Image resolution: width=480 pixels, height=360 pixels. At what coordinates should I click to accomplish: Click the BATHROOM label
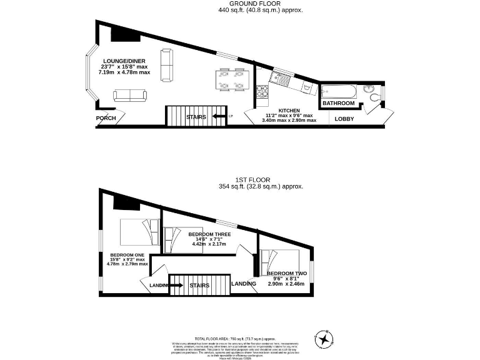coord(339,103)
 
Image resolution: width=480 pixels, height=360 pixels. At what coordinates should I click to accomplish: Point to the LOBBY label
coord(344,119)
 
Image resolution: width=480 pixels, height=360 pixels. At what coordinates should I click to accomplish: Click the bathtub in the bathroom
coord(339,92)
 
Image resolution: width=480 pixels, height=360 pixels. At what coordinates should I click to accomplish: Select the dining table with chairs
coord(230,80)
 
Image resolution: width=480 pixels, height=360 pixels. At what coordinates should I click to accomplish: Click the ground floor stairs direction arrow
coord(219,116)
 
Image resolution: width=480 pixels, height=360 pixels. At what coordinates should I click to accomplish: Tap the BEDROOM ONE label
coord(127,255)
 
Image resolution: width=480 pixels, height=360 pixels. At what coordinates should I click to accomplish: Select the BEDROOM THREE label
coord(209,234)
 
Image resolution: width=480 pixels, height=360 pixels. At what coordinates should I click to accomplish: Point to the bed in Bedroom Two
coord(279,260)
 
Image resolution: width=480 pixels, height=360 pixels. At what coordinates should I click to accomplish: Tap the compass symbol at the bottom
coord(324,339)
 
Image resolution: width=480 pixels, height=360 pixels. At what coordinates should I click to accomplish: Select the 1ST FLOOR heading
coord(261,179)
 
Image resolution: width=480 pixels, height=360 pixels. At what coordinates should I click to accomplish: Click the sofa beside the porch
coord(129,95)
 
